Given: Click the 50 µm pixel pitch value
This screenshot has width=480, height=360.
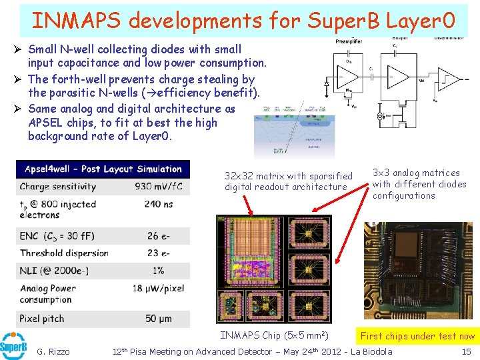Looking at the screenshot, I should coord(159,319).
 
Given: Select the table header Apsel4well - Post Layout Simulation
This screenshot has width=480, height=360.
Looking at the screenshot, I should coord(103,169).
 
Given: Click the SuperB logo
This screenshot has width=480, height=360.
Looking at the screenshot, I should coord(14,346).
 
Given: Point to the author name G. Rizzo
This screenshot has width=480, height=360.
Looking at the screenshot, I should coord(53,351).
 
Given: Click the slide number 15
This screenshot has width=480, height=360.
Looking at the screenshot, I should coord(467,351).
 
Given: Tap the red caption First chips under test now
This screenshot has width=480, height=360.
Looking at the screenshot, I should coord(417,336).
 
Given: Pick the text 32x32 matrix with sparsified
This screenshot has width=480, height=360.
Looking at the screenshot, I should coord(288,176).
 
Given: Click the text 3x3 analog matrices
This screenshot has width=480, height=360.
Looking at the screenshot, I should coord(416,173).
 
